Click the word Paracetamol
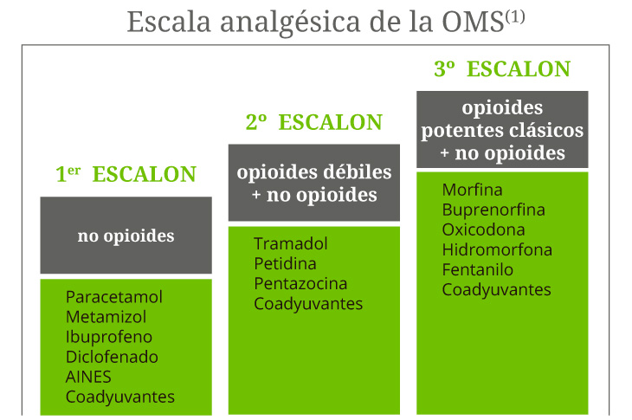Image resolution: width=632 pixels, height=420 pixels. [113, 297]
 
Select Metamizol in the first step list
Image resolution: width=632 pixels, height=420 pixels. [106, 317]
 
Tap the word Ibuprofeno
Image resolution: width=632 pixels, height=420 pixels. [109, 337]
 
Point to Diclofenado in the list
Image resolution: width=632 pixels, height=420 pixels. [112, 357]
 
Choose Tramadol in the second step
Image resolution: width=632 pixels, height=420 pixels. [291, 244]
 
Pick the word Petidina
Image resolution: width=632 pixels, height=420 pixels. [285, 264]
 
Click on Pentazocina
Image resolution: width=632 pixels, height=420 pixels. [300, 284]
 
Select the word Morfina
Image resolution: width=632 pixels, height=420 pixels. [472, 190]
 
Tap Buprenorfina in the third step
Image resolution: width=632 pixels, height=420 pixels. [493, 210]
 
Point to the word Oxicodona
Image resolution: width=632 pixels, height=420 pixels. [483, 229]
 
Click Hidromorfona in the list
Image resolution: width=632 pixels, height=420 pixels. [497, 249]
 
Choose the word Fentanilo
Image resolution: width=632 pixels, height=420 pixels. [477, 269]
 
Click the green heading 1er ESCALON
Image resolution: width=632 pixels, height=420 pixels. [126, 174]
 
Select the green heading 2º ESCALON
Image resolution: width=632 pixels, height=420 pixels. [313, 123]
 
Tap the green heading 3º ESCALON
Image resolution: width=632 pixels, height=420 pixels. [502, 69]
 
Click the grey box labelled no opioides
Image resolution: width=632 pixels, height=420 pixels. [126, 235]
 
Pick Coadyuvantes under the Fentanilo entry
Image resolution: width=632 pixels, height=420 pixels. [496, 289]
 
